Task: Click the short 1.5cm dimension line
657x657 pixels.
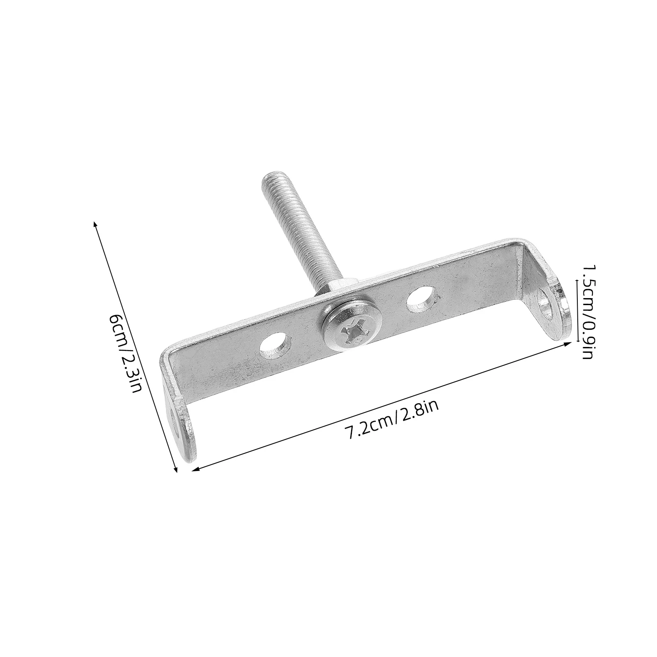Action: [578, 311]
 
